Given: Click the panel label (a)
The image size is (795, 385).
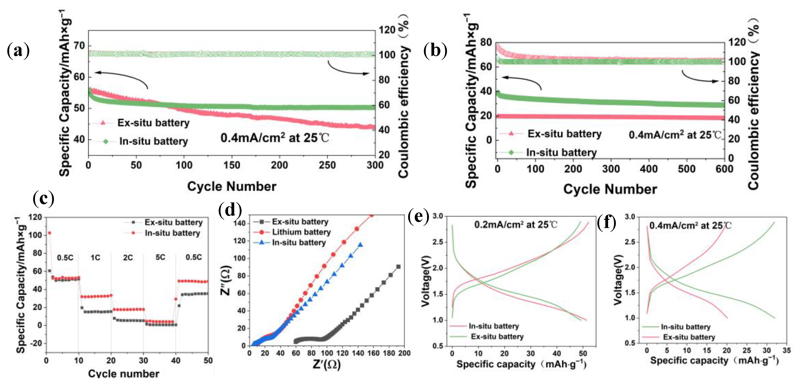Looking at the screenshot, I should (x=18, y=51).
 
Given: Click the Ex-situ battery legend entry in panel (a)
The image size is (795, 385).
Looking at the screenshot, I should (x=153, y=123).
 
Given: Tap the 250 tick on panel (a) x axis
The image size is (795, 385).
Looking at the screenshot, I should (x=327, y=165).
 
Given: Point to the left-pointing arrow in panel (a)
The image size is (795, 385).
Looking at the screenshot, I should (x=120, y=77).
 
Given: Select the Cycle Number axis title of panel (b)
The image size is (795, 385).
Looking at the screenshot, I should (x=610, y=189).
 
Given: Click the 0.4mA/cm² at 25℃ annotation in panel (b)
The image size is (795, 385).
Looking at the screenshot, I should (x=675, y=135).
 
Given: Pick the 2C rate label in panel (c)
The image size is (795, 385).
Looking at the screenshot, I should (x=128, y=257).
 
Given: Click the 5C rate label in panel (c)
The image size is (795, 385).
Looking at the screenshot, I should (x=160, y=257).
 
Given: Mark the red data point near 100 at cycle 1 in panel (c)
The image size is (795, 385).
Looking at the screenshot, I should (x=49, y=233).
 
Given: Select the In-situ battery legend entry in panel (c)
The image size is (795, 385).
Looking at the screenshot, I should (x=172, y=233).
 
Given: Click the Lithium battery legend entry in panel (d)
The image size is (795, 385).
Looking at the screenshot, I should (x=301, y=232).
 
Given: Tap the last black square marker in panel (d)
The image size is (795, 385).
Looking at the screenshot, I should (x=399, y=267).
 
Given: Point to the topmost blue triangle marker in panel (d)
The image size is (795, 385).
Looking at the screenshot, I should (x=360, y=245).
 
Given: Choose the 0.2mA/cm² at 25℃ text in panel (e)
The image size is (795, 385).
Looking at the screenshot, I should (x=516, y=225).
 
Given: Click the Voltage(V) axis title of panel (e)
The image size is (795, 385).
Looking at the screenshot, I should (x=425, y=281).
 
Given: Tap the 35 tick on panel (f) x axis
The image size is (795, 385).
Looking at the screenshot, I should (x=786, y=351).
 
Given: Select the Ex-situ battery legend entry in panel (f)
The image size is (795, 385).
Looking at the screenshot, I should (x=689, y=337).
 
